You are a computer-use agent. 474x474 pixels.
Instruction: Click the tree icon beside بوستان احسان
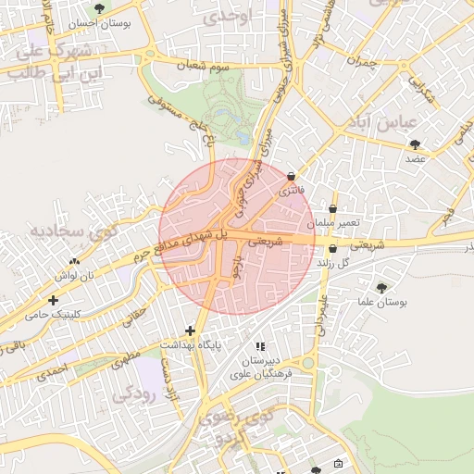coord(99,9)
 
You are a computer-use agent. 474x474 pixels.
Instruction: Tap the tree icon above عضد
coord(414,143)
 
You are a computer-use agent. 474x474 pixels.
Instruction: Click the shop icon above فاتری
coord(291,176)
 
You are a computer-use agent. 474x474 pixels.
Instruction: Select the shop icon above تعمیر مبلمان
coord(332,209)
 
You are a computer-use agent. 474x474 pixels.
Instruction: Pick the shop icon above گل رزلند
coord(332,248)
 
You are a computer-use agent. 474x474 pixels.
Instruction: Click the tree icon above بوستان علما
coord(381,288)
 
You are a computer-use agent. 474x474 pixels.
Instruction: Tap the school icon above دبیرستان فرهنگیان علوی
coord(272,345)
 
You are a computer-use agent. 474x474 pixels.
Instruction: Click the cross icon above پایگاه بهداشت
coord(190,331)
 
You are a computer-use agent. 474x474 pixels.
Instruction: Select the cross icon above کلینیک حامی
coord(53,300)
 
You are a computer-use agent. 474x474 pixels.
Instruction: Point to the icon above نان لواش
coord(74,261)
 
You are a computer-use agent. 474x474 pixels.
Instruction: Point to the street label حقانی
coord(135,315)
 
